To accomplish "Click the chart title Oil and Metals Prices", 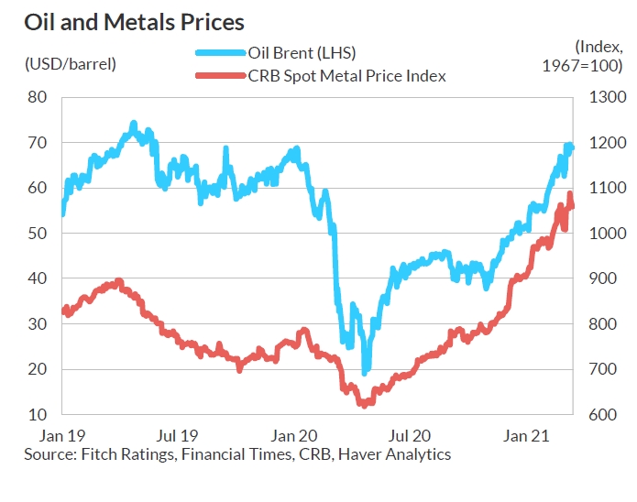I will coord(134,20).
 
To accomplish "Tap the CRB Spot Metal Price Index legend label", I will coord(347,76).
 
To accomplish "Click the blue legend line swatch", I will coord(221,54).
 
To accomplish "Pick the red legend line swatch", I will coord(221,76).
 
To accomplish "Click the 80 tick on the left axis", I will coord(37,97).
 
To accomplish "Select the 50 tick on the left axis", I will coord(37,233).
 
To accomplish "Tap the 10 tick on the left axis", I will coord(37,414).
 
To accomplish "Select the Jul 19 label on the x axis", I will coord(176,435).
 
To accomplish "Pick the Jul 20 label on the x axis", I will coord(410,435).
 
